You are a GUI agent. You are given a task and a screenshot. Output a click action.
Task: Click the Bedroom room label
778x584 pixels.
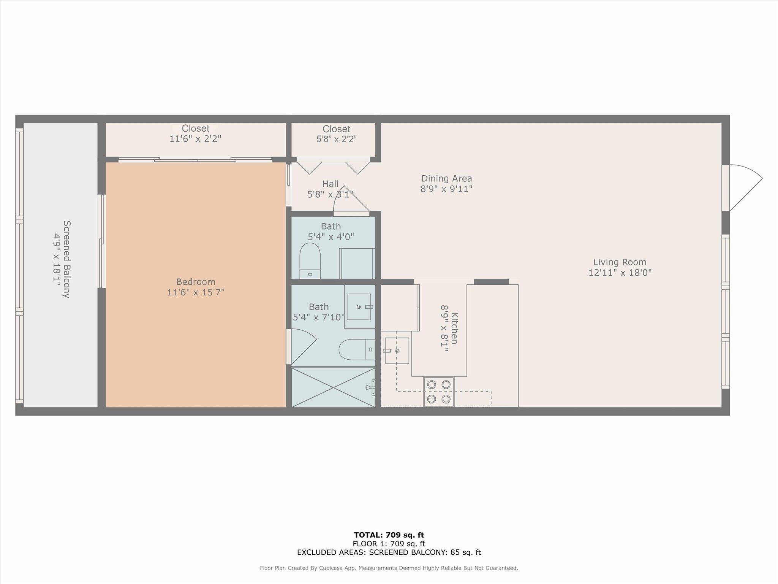[x=196, y=282]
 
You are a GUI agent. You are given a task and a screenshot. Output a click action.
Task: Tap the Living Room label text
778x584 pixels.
[x=620, y=262]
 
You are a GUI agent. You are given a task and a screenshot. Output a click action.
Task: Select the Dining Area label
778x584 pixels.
[x=446, y=178]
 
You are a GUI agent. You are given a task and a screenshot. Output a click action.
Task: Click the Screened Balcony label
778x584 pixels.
[x=67, y=259]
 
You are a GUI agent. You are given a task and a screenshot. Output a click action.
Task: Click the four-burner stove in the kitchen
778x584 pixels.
[x=439, y=392]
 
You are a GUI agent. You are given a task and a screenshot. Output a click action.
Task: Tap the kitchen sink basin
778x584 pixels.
[x=397, y=351]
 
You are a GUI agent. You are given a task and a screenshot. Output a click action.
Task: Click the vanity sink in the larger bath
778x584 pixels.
[x=359, y=306]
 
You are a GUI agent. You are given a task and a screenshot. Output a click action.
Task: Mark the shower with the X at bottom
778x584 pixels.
[x=333, y=387]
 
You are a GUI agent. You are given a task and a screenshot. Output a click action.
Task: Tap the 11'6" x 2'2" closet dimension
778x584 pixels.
[x=195, y=139]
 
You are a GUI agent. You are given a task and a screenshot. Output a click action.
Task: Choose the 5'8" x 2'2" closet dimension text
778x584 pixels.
[x=336, y=139]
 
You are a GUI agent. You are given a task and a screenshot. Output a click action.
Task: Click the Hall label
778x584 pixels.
[x=330, y=184]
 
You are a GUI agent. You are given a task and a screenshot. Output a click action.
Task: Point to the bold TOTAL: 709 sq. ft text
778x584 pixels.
[x=389, y=535]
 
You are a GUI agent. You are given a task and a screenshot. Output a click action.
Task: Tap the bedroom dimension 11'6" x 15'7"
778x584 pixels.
[x=196, y=292]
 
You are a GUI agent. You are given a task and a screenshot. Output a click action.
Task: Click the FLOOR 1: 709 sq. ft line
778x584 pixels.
[x=389, y=544]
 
